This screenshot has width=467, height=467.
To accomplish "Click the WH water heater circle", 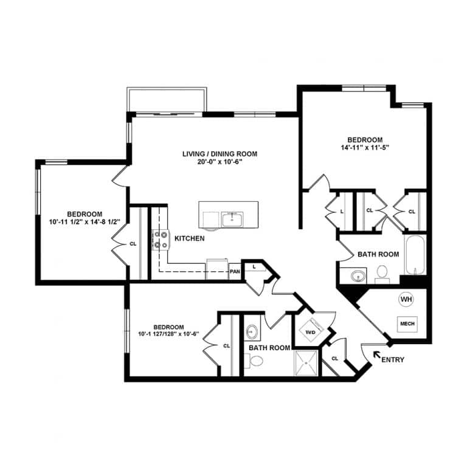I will click(406, 299).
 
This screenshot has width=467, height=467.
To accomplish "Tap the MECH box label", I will click(407, 324).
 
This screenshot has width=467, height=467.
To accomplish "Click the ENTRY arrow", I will click(377, 355).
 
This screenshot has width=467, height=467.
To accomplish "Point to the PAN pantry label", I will click(235, 272).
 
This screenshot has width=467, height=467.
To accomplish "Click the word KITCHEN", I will click(189, 239).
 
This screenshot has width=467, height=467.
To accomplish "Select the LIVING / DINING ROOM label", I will click(220, 154).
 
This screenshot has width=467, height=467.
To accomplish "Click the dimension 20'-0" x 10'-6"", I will click(220, 162).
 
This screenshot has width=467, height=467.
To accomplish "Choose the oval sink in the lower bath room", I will click(253, 333).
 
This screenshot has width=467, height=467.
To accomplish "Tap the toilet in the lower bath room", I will click(256, 362).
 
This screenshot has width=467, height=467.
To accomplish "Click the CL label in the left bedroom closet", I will click(133, 244).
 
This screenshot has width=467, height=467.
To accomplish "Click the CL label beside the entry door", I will click(334, 358).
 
